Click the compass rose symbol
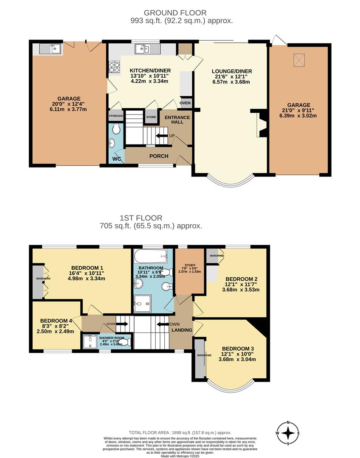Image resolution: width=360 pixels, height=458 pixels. [288, 433]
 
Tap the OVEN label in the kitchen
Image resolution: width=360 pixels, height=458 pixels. [185, 103]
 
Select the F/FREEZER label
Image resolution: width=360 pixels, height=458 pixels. [115, 116]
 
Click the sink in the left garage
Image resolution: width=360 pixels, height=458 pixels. [51, 49]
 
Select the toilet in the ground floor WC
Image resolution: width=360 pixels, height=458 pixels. [116, 128]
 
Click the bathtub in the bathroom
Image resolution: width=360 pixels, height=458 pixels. [151, 256]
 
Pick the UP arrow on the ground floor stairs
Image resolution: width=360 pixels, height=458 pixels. [162, 136]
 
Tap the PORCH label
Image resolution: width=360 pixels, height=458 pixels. [159, 156]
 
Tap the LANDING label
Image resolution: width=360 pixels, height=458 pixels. [183, 330]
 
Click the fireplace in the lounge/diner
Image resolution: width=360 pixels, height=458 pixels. [259, 124]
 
